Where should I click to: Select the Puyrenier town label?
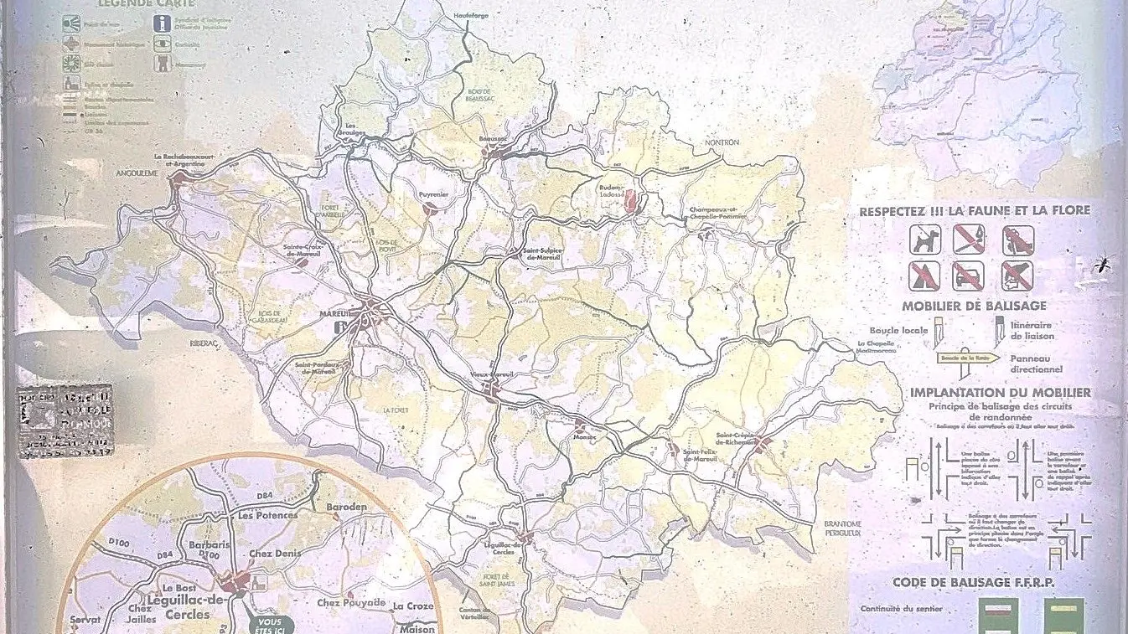pos(433,195)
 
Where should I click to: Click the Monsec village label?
pos(561,436)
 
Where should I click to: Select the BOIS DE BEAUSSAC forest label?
pos(479,98)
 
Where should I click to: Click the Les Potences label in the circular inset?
pos(267,515)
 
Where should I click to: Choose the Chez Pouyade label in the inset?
pos(351,602)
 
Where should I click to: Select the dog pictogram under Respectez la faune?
pos(926,241)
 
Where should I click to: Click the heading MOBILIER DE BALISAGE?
pos(973,306)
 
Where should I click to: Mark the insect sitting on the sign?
pos(1101,265)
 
